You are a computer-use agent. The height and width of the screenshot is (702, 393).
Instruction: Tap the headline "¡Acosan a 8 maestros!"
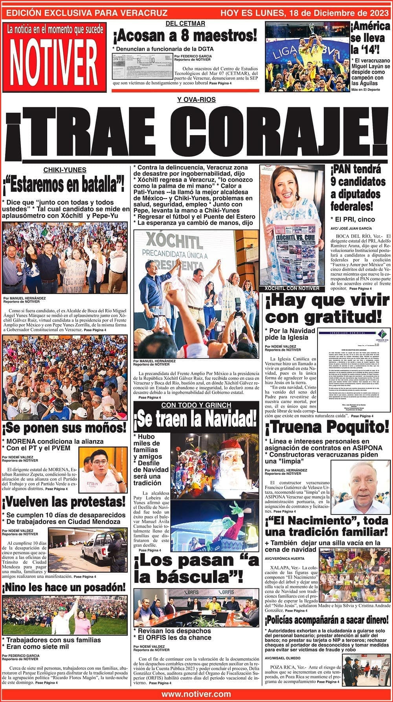(x=185, y=36)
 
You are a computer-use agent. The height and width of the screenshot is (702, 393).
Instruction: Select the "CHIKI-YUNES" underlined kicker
(x=65, y=170)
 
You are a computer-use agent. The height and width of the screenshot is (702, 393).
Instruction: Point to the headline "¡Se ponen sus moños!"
(x=65, y=427)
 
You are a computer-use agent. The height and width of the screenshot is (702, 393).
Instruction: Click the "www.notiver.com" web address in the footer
(x=196, y=694)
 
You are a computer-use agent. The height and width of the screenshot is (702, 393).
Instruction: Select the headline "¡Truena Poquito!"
(x=327, y=427)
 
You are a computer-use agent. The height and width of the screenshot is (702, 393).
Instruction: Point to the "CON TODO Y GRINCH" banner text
(x=196, y=405)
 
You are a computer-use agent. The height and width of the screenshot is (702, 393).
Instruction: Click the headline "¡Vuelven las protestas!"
(x=64, y=502)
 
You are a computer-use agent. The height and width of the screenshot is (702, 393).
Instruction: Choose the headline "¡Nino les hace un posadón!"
(x=65, y=587)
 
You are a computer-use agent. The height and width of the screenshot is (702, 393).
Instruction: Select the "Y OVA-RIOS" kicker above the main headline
(x=196, y=100)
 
